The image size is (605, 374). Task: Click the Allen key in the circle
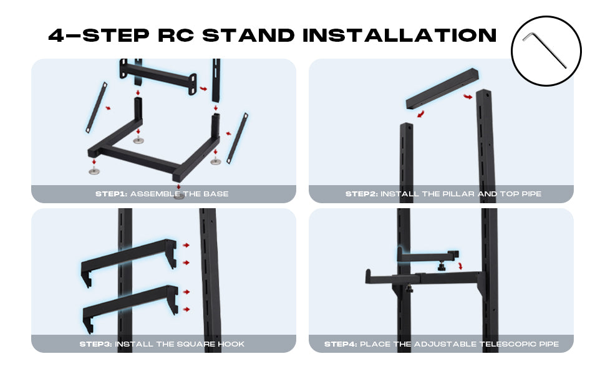click(544, 49)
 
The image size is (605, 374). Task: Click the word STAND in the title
click(248, 35)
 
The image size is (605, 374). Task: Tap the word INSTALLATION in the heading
click(399, 35)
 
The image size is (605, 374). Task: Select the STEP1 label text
click(111, 194)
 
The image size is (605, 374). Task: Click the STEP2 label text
click(362, 194)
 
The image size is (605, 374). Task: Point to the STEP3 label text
click(95, 344)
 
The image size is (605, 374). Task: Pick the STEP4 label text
click(341, 344)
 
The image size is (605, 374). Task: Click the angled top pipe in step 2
click(442, 89)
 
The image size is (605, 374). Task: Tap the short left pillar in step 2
click(406, 154)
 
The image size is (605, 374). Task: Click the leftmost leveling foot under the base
click(94, 171)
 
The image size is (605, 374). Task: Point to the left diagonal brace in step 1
click(96, 108)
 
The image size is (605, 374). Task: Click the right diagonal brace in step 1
click(237, 138)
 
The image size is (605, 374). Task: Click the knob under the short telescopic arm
click(442, 266)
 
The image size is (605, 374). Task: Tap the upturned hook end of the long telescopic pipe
click(369, 276)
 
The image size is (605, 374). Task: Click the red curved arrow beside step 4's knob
click(460, 266)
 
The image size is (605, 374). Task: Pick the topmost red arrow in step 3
click(186, 245)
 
